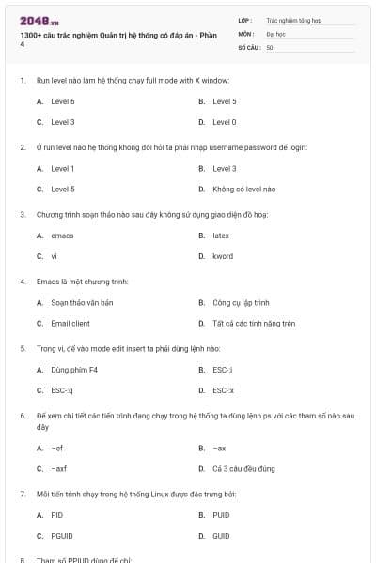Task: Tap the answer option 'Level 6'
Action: click(63, 100)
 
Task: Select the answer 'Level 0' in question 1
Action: click(224, 122)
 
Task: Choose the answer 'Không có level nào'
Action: click(236, 189)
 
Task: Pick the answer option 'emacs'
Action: click(62, 235)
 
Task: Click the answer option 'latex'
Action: click(221, 235)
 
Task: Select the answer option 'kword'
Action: click(223, 256)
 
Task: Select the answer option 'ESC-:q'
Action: click(62, 390)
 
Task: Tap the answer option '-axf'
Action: click(59, 468)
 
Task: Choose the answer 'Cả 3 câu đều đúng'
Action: click(243, 468)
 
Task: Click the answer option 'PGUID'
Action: click(61, 536)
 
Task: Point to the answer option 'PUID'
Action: click(221, 514)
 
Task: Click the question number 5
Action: click(22, 348)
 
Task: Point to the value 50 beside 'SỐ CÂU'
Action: click(270, 46)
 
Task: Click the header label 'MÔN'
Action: click(246, 33)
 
